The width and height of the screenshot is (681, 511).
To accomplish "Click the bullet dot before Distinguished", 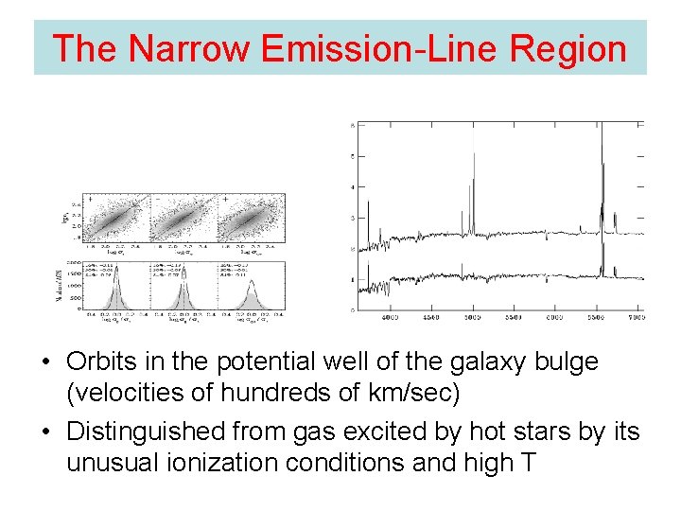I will [45, 433].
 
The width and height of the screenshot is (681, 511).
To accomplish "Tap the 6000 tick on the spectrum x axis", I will [554, 319].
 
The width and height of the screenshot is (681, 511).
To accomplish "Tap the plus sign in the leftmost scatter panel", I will [91, 200].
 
